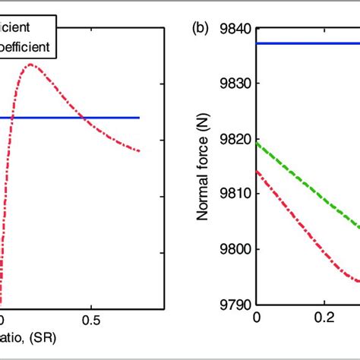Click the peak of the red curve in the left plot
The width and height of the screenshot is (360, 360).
(31, 65)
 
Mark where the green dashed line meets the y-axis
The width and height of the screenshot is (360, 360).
(257, 143)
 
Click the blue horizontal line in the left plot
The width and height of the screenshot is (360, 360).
(114, 118)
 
